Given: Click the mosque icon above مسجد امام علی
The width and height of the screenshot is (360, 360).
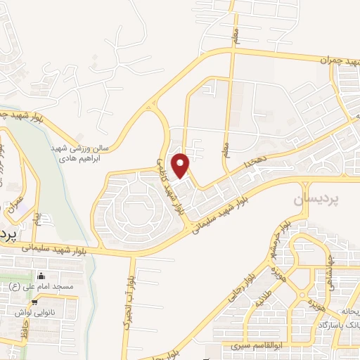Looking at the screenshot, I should [41, 275].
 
